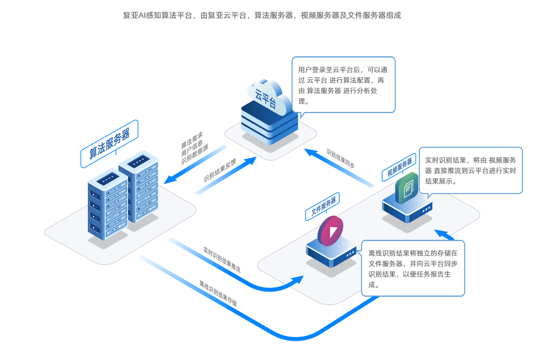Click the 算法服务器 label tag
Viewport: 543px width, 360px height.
109,144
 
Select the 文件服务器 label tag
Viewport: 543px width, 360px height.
323,206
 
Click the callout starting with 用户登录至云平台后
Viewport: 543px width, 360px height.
343,85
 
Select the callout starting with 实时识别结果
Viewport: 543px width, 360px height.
470,170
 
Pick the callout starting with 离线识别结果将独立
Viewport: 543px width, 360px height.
413,269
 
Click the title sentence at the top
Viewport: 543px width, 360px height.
262,16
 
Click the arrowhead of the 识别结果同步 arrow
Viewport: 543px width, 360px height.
310,152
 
